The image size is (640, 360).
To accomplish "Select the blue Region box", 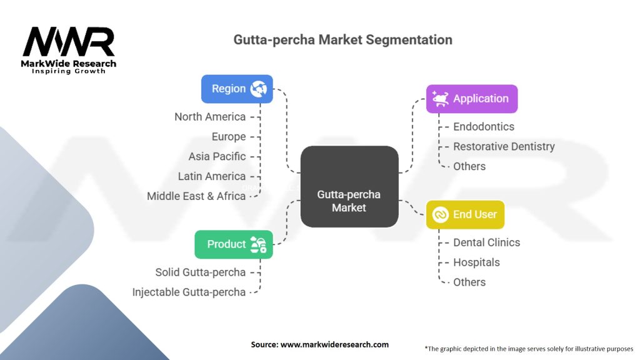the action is pyautogui.click(x=237, y=89).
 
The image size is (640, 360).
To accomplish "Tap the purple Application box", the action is pyautogui.click(x=471, y=99).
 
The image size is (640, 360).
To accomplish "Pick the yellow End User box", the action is pyautogui.click(x=465, y=214).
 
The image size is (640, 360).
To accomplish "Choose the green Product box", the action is pyautogui.click(x=234, y=244).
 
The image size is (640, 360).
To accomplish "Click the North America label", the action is pyautogui.click(x=210, y=117).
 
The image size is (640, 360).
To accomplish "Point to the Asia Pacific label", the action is pyautogui.click(x=217, y=156).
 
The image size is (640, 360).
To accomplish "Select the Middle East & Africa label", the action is pyautogui.click(x=196, y=196).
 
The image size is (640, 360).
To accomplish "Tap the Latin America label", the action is pyautogui.click(x=211, y=176).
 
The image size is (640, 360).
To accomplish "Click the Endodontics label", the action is pyautogui.click(x=484, y=126).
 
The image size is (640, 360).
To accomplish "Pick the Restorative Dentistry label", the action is pyautogui.click(x=504, y=146).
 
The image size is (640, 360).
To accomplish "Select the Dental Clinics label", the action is pyautogui.click(x=486, y=242).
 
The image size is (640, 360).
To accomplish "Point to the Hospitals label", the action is pyautogui.click(x=477, y=262).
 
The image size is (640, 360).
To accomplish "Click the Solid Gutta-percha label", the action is pyautogui.click(x=200, y=272).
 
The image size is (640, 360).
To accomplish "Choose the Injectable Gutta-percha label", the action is pyautogui.click(x=189, y=292).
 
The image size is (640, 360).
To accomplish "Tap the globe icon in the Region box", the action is pyautogui.click(x=259, y=89).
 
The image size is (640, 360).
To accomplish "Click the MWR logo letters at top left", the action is pyautogui.click(x=69, y=42).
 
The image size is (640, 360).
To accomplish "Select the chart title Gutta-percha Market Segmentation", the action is pyautogui.click(x=342, y=39).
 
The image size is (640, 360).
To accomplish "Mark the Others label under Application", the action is pyautogui.click(x=469, y=166).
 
